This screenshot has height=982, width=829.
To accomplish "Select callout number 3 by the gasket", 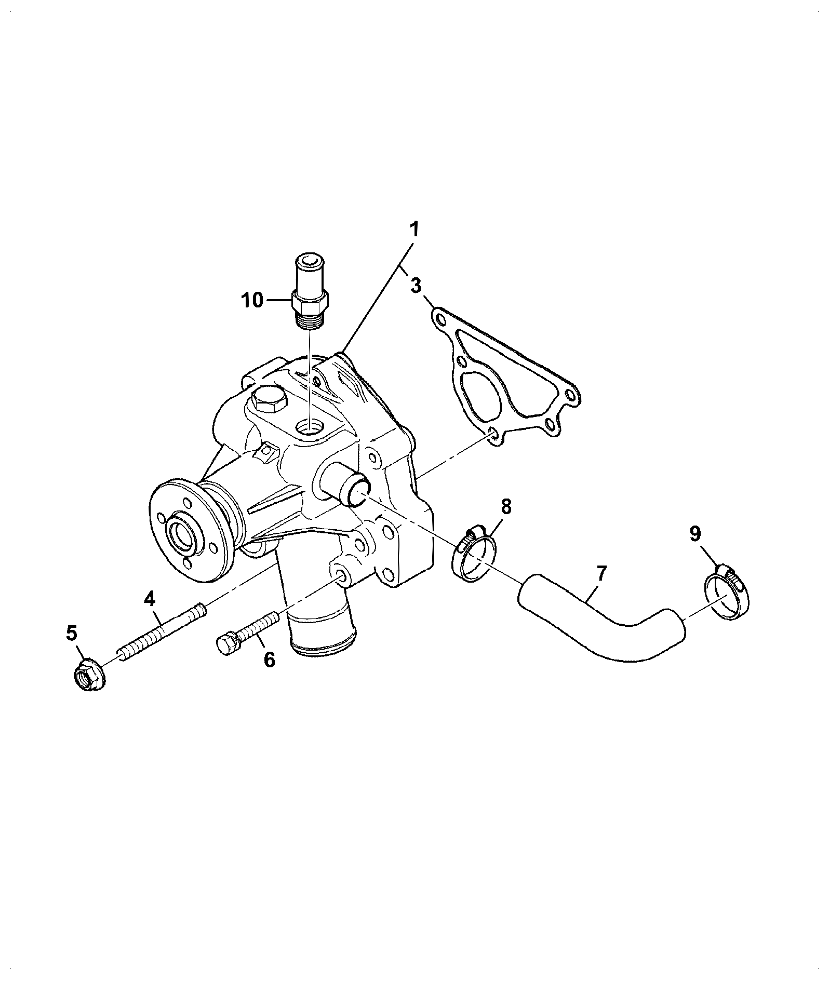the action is (416, 285).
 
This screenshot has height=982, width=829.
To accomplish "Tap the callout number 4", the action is (149, 599).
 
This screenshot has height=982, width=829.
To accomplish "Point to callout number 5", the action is (71, 633).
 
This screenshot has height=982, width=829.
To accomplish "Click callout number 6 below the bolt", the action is (269, 659).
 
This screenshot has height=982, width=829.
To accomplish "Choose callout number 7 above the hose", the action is (601, 573).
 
